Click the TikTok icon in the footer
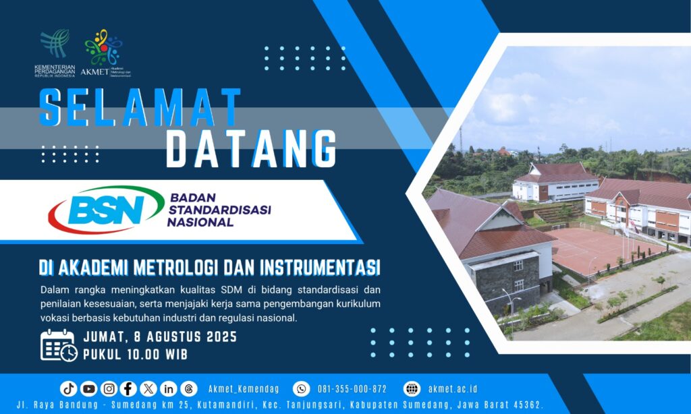pyautogui.click(x=68, y=388)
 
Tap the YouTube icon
pyautogui.click(x=88, y=388)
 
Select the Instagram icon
pyautogui.click(x=109, y=388)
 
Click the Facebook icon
pyautogui.click(x=128, y=388)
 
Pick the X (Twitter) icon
pyautogui.click(x=148, y=388)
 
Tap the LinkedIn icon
pyautogui.click(x=168, y=388)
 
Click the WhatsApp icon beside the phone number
pyautogui.click(x=302, y=389)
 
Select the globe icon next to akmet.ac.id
pyautogui.click(x=412, y=389)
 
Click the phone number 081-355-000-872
pyautogui.click(x=352, y=389)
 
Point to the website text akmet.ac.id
pyautogui.click(x=453, y=389)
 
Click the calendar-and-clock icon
pyautogui.click(x=59, y=346)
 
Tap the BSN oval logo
pyautogui.click(x=106, y=210)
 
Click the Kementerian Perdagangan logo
pyautogui.click(x=55, y=53)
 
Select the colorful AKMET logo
pyautogui.click(x=105, y=53)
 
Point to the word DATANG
pyautogui.click(x=251, y=148)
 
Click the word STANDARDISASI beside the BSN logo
pyautogui.click(x=219, y=210)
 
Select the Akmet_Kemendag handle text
pyautogui.click(x=244, y=389)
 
